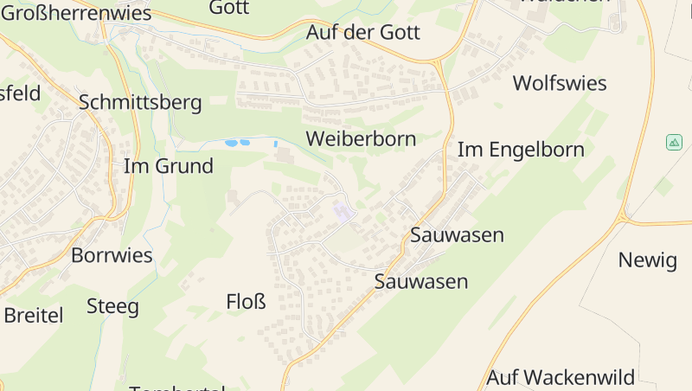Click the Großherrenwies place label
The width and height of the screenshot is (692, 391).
75,13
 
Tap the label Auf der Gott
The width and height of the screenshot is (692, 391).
362,33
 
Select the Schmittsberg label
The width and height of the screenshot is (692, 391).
140,102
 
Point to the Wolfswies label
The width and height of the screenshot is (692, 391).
560,83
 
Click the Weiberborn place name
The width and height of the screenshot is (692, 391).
361,138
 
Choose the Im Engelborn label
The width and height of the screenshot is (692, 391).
521,149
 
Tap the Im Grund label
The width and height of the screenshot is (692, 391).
169,166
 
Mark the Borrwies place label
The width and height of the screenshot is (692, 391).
112,255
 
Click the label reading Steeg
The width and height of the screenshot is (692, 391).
112,305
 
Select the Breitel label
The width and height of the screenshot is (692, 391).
34,315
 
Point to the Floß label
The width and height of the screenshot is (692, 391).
246,301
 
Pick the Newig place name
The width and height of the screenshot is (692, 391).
647,260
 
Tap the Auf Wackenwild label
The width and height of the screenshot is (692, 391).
561,377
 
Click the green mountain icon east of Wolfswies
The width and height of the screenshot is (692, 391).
675,142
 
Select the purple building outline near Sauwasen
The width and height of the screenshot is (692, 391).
343,210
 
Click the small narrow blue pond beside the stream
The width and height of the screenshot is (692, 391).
276,143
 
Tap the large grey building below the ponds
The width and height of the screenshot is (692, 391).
285,155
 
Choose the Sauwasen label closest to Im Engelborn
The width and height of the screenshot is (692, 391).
457,234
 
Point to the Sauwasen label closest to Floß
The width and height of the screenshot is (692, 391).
420,281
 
